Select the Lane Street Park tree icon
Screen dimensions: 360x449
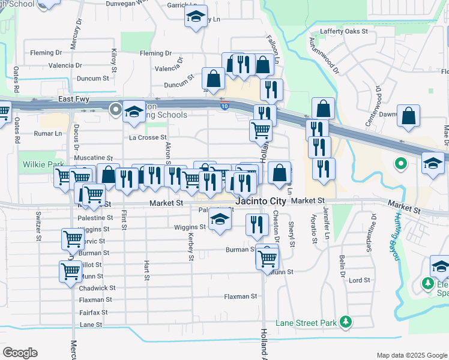point(345,323)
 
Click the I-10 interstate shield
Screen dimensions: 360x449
point(224,106)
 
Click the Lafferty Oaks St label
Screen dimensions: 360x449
point(343,31)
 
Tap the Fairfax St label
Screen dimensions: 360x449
point(93,313)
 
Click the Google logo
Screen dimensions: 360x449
point(20,353)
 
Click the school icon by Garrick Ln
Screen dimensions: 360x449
point(196,16)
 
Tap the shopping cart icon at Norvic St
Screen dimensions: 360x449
point(73,239)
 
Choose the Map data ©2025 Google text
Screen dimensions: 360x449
point(411,355)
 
